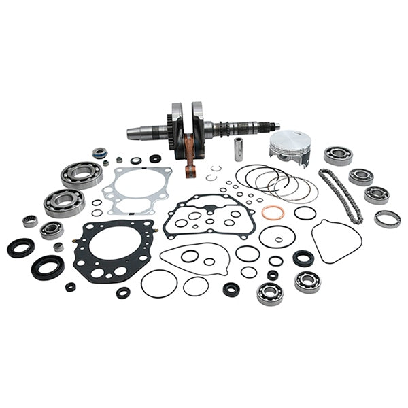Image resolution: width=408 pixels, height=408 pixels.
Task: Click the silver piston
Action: (x=290, y=146)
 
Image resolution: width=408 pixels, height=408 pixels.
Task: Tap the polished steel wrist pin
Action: (x=239, y=149)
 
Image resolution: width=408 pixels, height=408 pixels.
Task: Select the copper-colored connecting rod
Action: (x=190, y=159)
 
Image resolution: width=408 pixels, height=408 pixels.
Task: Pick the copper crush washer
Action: (x=272, y=213)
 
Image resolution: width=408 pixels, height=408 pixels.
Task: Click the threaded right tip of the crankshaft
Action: (x=275, y=126)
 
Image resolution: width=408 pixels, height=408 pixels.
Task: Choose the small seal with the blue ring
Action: (x=101, y=153)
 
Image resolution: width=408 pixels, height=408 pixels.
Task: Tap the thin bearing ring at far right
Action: (x=387, y=219)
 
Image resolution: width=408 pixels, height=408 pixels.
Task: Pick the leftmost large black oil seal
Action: (x=20, y=248)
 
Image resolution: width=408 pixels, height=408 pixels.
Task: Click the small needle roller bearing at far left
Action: (x=30, y=221)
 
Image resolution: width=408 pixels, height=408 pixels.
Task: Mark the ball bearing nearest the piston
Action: (x=337, y=155)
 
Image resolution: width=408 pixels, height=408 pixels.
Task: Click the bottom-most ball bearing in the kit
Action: (x=269, y=293)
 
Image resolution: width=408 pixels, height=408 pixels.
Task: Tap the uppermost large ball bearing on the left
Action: (x=82, y=175)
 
